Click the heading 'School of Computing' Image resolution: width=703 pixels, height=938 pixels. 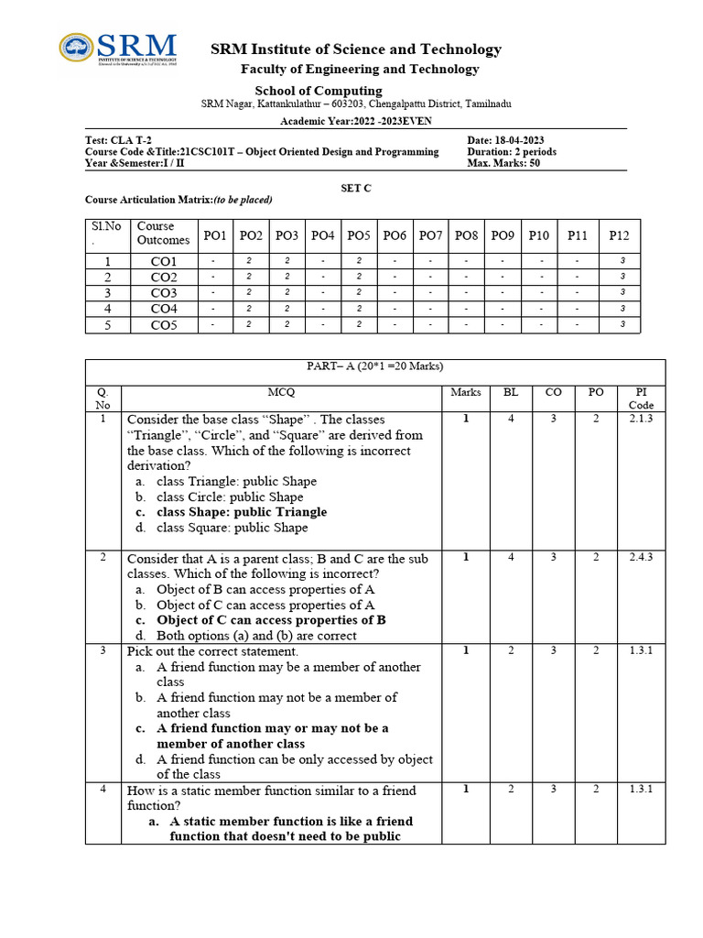tap(318, 90)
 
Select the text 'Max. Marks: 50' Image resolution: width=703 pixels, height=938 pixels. tap(503, 164)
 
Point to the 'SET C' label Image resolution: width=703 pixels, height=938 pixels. tap(356, 187)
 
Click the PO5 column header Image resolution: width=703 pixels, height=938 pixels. tap(358, 235)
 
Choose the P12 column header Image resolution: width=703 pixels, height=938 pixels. tap(620, 235)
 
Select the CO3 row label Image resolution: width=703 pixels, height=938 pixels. tap(164, 293)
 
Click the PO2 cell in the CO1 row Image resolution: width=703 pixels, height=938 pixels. tap(250, 261)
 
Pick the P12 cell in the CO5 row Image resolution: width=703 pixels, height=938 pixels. tap(622, 325)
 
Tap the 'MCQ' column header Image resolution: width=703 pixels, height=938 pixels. tap(282, 392)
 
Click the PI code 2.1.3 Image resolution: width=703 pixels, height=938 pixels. tap(641, 419)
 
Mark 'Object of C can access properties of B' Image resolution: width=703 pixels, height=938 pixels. tap(271, 620)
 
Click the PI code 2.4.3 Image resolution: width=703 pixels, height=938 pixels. tap(641, 557)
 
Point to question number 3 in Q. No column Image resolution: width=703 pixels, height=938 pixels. tap(103, 649)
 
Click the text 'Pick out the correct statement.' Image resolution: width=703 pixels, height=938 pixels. tap(212, 651)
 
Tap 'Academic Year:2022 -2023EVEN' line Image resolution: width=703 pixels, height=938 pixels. tap(356, 120)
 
